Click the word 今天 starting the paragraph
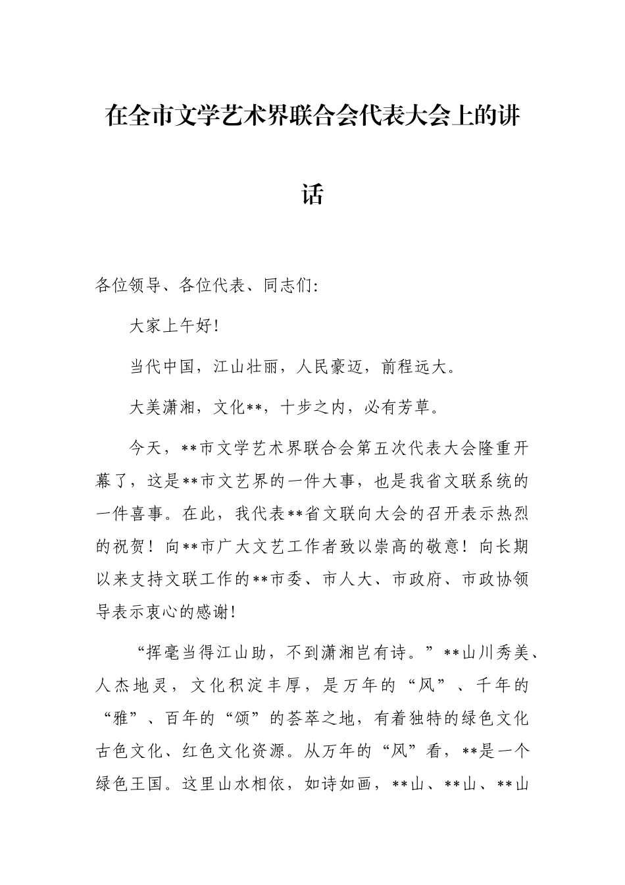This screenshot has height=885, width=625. (145, 449)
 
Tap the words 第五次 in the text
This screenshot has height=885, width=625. (382, 449)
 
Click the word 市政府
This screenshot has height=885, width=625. (416, 579)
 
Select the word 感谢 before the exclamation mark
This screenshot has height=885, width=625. (211, 612)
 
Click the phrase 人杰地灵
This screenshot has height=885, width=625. (136, 686)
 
